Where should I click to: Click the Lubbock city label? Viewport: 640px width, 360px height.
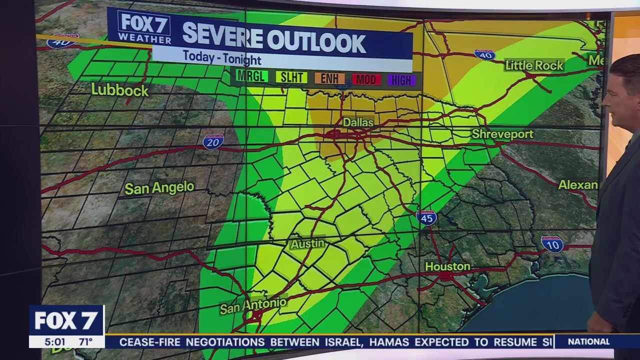click(x=120, y=90)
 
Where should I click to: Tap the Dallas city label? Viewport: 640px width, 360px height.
click(x=358, y=122)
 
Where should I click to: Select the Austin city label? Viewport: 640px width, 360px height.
click(x=307, y=244)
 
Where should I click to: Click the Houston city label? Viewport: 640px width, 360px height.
click(x=447, y=266)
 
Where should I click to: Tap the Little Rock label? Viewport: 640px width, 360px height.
click(x=534, y=65)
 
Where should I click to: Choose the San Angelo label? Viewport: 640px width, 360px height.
click(x=159, y=188)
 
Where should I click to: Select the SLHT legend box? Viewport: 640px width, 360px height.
click(x=291, y=77)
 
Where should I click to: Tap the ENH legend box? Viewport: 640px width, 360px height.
click(x=329, y=78)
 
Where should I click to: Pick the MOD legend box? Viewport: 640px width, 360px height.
click(x=366, y=79)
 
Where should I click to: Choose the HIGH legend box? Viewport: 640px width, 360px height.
click(x=401, y=79)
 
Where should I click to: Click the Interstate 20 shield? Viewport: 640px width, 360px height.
click(x=213, y=141)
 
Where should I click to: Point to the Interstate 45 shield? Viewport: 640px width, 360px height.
click(x=426, y=217)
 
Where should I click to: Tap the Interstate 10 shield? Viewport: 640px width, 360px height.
click(x=552, y=244)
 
